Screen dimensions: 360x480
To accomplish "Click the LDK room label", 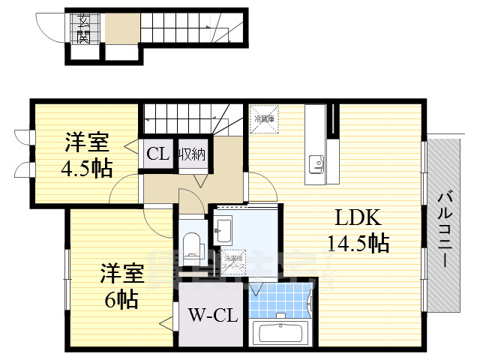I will tap(358, 218).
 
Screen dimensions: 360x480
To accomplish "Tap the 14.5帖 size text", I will tap(358, 244).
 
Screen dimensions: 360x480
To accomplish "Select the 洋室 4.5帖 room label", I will tap(86, 154).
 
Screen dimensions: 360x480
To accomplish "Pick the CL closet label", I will tap(157, 155).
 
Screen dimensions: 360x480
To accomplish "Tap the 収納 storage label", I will tap(192, 155).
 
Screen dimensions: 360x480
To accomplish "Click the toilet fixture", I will tap(191, 244).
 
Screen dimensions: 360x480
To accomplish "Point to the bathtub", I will tap(281, 331).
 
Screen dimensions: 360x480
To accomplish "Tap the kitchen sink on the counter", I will tap(315, 162).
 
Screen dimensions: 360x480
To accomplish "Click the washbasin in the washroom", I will tap(223, 229).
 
